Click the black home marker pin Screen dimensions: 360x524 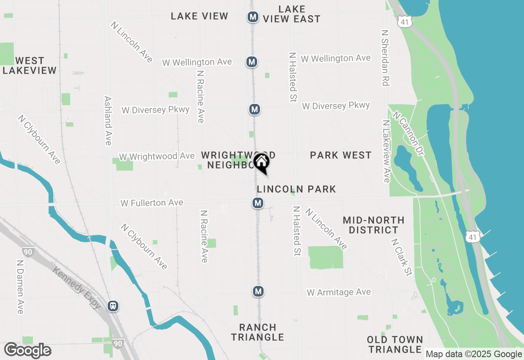tap(261, 163)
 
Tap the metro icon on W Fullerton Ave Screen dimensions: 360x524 tap(257, 203)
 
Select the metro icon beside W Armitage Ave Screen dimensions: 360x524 tap(258, 291)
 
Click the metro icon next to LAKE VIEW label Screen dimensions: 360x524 tap(253, 17)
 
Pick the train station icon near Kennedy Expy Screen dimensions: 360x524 tap(113, 306)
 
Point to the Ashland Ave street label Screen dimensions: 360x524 tap(108, 121)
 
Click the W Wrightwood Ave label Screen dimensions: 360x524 tap(157, 157)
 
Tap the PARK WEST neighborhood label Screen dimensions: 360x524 tap(341, 155)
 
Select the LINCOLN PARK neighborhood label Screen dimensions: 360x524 tap(296, 189)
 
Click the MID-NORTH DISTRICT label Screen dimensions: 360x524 tap(373, 225)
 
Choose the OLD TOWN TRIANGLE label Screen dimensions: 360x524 tap(395, 344)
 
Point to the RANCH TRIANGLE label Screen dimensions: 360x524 tap(258, 332)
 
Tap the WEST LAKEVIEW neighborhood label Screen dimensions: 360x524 tap(29, 66)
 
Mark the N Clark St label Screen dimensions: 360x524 tap(401, 258)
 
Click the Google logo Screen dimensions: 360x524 tap(27, 351)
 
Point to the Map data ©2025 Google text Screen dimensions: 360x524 tap(473, 354)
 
